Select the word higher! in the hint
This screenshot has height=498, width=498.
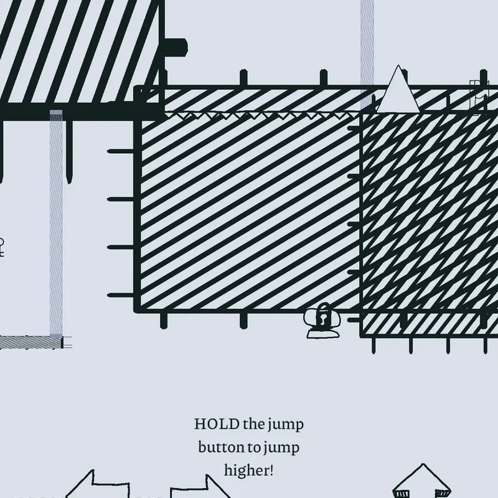248,471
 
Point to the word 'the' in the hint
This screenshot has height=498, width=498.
254,425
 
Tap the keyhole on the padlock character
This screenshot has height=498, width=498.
323,318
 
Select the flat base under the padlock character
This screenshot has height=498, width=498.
322,334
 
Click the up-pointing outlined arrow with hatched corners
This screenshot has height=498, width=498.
423,481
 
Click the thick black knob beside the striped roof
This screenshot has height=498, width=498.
176,49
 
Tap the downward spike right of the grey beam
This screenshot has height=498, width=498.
69,152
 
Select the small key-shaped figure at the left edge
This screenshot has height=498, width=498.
1,247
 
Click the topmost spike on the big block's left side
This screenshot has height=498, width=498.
121,151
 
